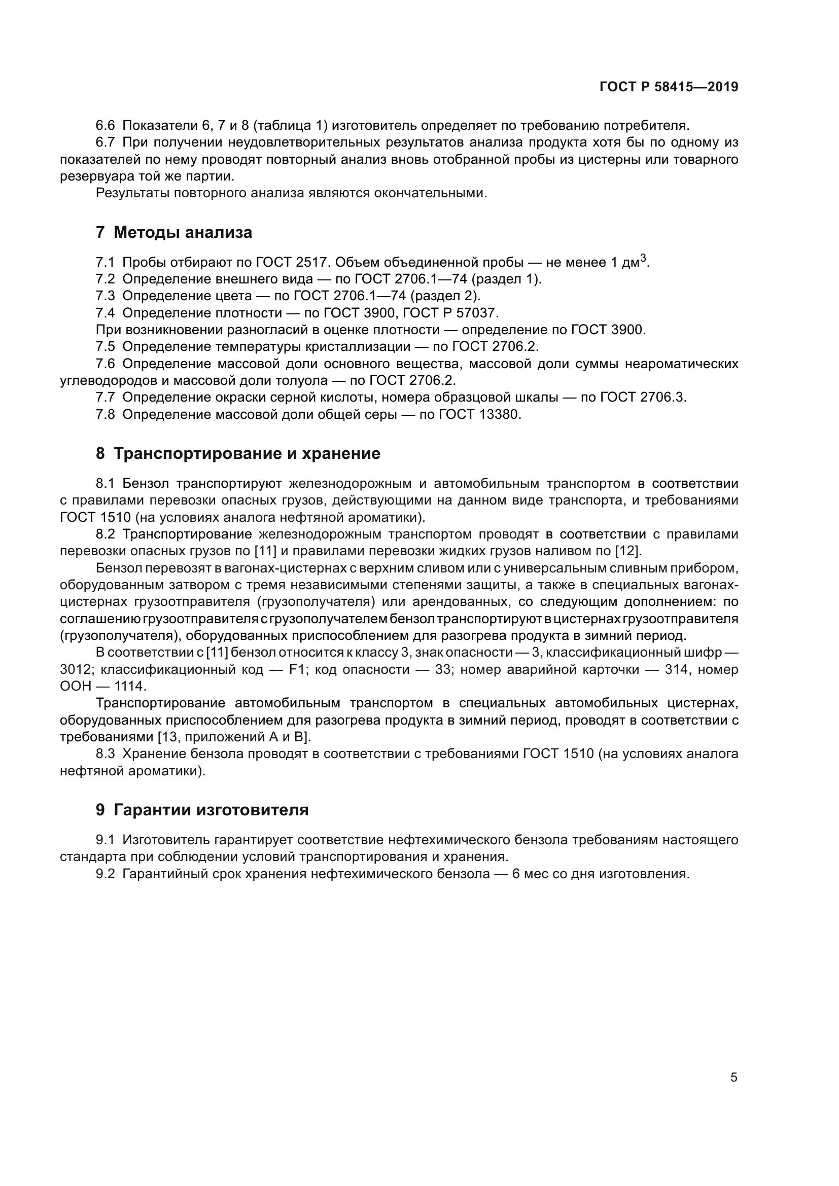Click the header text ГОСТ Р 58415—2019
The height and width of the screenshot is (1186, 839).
coord(669,87)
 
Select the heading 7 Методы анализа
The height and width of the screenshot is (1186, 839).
coord(174,232)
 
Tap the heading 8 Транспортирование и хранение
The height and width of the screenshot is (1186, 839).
coord(238,453)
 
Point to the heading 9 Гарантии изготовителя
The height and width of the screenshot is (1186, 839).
coord(202,810)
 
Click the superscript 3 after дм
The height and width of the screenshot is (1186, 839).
coord(643,258)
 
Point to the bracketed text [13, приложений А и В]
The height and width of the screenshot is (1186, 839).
coord(234,737)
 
